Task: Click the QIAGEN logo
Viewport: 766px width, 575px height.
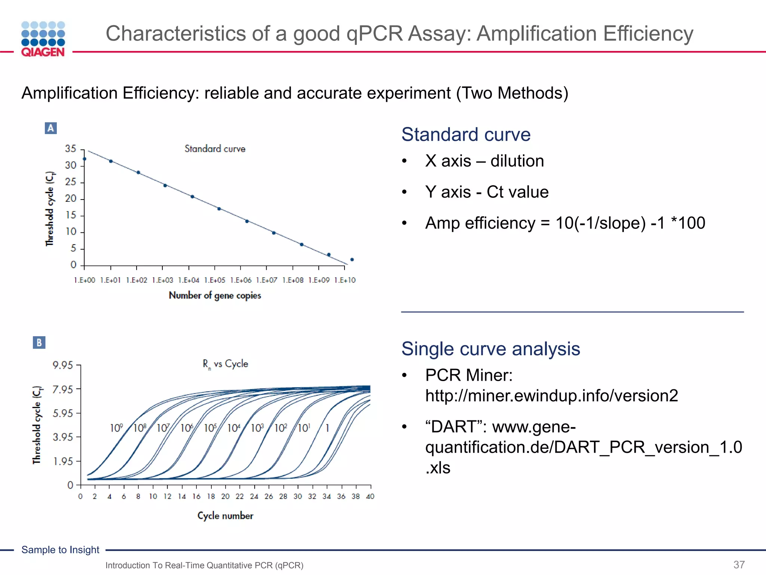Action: point(43,39)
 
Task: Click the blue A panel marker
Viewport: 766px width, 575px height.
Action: point(50,128)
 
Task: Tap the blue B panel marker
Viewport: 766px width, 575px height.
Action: point(39,343)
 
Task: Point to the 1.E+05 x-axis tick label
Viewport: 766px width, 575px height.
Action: point(215,280)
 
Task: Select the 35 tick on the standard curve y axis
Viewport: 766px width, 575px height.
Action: point(71,149)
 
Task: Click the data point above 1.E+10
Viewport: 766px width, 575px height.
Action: point(352,259)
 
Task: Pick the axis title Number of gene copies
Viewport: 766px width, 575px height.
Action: point(215,295)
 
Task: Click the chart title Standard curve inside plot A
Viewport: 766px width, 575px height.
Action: point(215,149)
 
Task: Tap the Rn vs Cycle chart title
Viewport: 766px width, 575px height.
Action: point(225,364)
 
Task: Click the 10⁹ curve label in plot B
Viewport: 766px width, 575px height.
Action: point(116,428)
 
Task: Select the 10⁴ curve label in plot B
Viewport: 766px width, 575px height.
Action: point(234,428)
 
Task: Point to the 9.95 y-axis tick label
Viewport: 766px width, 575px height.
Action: point(62,365)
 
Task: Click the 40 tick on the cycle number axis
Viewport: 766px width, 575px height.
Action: point(370,496)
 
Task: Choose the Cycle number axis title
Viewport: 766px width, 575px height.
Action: point(225,515)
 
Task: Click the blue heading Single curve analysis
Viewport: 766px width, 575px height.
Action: point(490,349)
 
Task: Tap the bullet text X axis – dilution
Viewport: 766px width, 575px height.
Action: point(484,161)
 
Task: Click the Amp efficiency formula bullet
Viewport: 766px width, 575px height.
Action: point(565,223)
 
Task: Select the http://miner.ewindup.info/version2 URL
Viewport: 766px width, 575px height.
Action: point(551,396)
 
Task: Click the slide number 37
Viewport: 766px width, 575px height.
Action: point(739,565)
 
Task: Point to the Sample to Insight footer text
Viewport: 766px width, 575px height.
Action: point(60,550)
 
